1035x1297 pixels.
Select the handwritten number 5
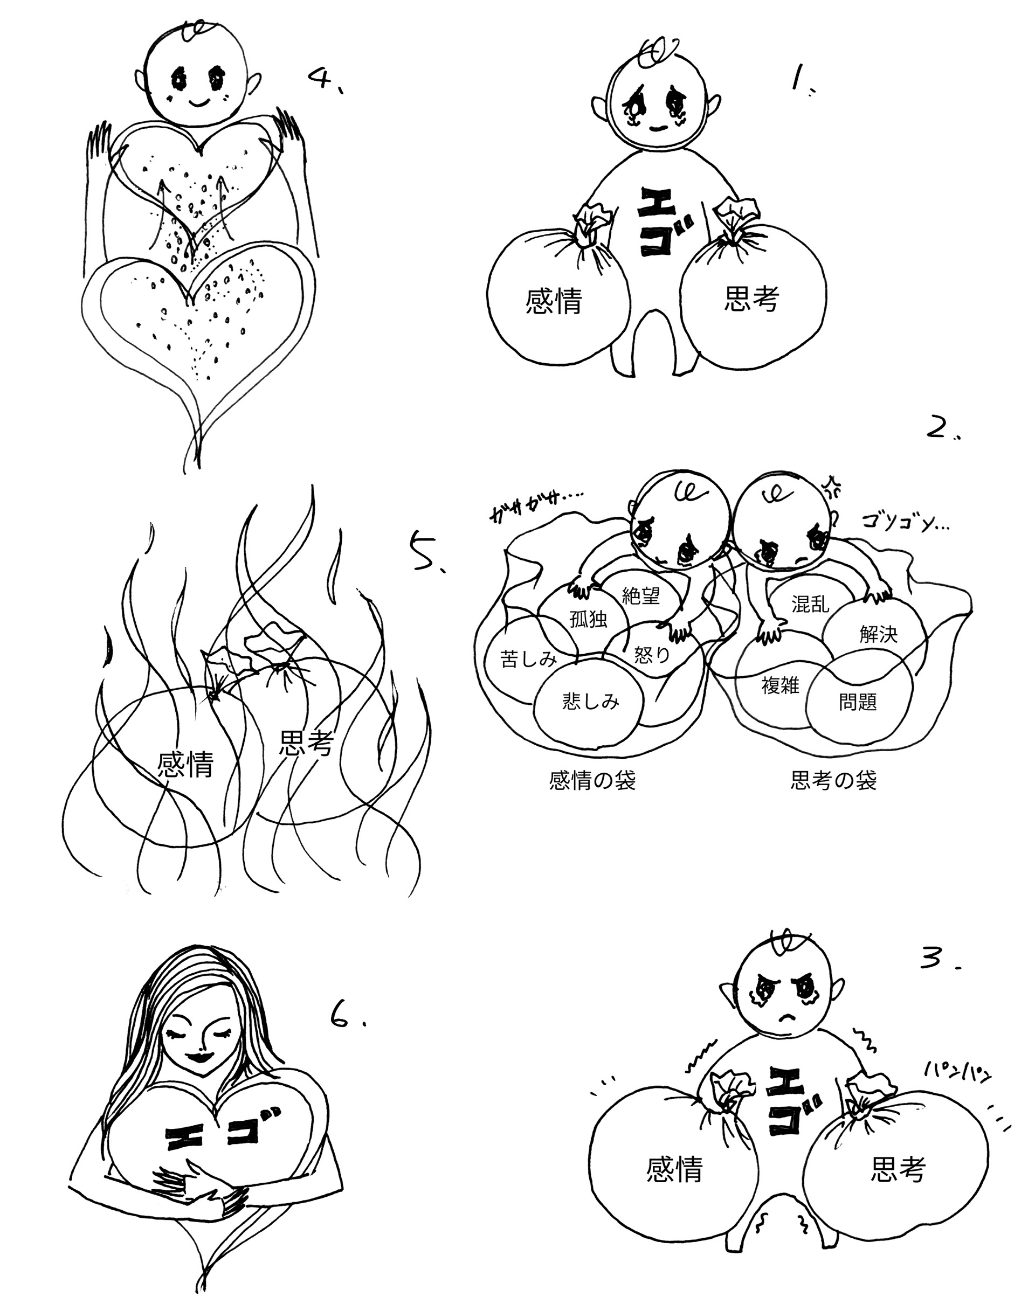[x=425, y=552]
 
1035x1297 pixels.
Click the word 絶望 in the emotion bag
[x=641, y=596]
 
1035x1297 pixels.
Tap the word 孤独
[x=588, y=619]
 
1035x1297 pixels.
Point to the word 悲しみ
[x=590, y=702]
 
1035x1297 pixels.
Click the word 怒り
[x=652, y=655]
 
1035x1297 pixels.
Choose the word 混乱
[x=811, y=604]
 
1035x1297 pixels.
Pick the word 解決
[x=878, y=634]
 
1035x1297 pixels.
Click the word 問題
[x=858, y=702]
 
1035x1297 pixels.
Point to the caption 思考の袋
[x=833, y=781]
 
